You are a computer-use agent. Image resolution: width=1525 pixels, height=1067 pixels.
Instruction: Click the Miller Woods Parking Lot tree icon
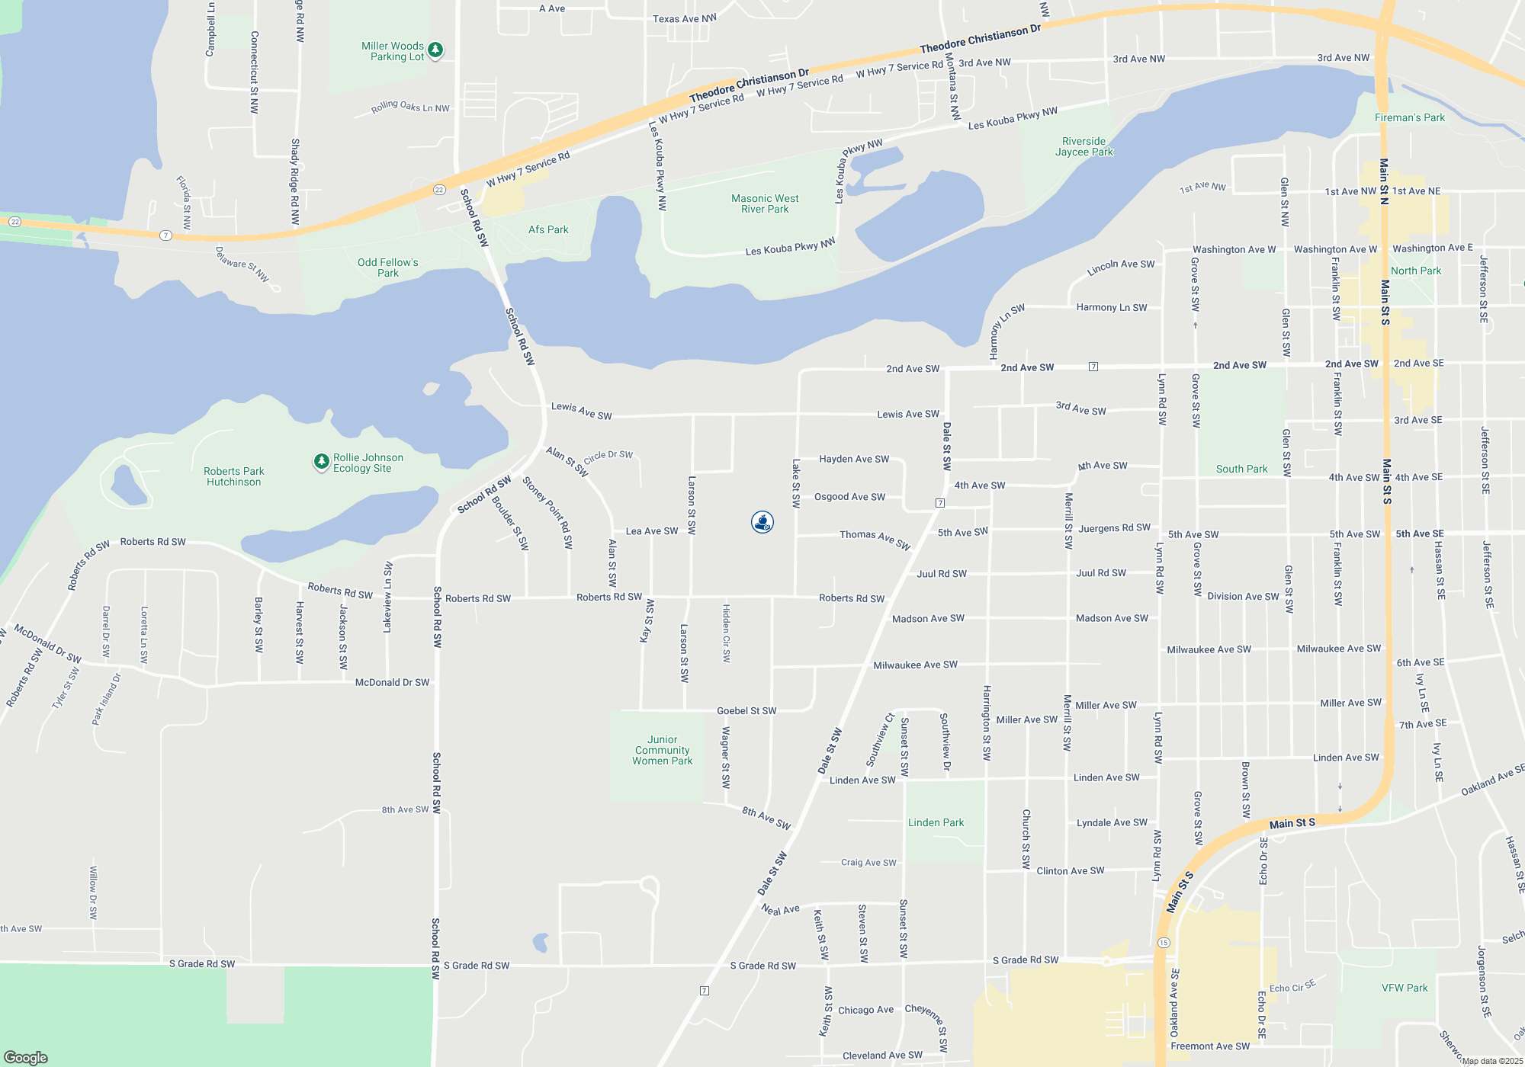point(435,50)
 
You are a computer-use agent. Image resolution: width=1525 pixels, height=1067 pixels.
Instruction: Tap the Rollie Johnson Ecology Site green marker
point(322,462)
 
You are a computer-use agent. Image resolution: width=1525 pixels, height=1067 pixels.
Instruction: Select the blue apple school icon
point(762,522)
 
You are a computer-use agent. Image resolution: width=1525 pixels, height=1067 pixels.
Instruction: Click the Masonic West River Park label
point(765,203)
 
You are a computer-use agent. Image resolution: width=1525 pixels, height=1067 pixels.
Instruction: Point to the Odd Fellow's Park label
point(387,268)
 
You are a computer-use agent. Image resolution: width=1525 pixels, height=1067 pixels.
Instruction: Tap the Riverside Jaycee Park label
point(1084,146)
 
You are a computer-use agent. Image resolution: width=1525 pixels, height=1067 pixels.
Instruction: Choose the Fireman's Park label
point(1410,117)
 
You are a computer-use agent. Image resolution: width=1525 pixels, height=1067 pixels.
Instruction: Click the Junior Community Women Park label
point(662,750)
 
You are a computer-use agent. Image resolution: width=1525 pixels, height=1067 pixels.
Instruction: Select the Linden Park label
point(936,822)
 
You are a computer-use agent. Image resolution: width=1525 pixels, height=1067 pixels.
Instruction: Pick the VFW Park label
point(1405,988)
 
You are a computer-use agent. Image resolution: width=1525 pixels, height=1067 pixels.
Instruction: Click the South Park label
point(1241,469)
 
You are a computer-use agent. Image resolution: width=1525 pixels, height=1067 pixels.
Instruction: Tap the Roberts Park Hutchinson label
point(234,476)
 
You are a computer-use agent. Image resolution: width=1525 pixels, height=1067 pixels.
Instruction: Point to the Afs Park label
point(548,229)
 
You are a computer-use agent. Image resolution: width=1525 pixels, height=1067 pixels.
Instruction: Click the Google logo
point(26,1057)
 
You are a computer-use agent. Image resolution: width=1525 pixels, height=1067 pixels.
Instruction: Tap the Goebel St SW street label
point(746,710)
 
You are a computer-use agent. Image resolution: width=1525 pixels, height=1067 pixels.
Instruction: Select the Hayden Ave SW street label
point(854,459)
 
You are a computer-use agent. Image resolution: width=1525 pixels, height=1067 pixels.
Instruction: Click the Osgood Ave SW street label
point(849,497)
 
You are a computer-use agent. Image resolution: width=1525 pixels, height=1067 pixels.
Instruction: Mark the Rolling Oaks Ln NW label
point(410,107)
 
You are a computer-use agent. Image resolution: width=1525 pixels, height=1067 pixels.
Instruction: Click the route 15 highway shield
point(1164,943)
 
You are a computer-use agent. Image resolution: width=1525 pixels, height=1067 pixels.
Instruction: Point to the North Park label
point(1416,271)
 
